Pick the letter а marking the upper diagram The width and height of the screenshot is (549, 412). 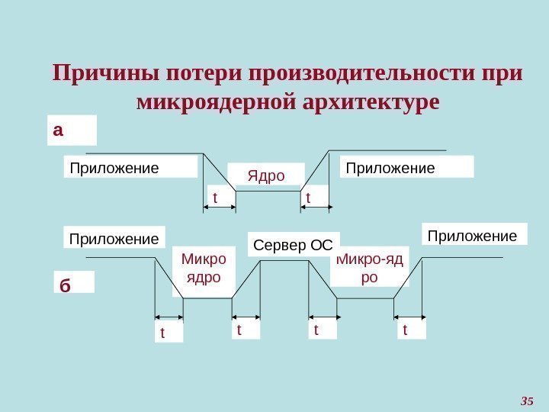pyautogui.click(x=59, y=130)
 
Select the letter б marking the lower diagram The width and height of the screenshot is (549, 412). pyautogui.click(x=65, y=286)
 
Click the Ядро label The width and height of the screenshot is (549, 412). pyautogui.click(x=266, y=176)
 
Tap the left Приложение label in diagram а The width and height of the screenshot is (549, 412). pyautogui.click(x=114, y=167)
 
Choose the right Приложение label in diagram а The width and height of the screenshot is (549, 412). pyautogui.click(x=390, y=166)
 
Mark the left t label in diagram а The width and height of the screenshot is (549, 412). pyautogui.click(x=215, y=198)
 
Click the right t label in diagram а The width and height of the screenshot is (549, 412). pyautogui.click(x=308, y=198)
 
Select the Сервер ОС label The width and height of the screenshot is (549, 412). pyautogui.click(x=294, y=245)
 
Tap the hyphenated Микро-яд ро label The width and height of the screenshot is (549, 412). pyautogui.click(x=370, y=267)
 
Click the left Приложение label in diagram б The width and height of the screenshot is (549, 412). pyautogui.click(x=114, y=239)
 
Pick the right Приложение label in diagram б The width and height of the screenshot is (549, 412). pyautogui.click(x=473, y=236)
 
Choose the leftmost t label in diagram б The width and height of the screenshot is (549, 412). pyautogui.click(x=162, y=333)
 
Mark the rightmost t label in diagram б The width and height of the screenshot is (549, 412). pyautogui.click(x=405, y=330)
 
